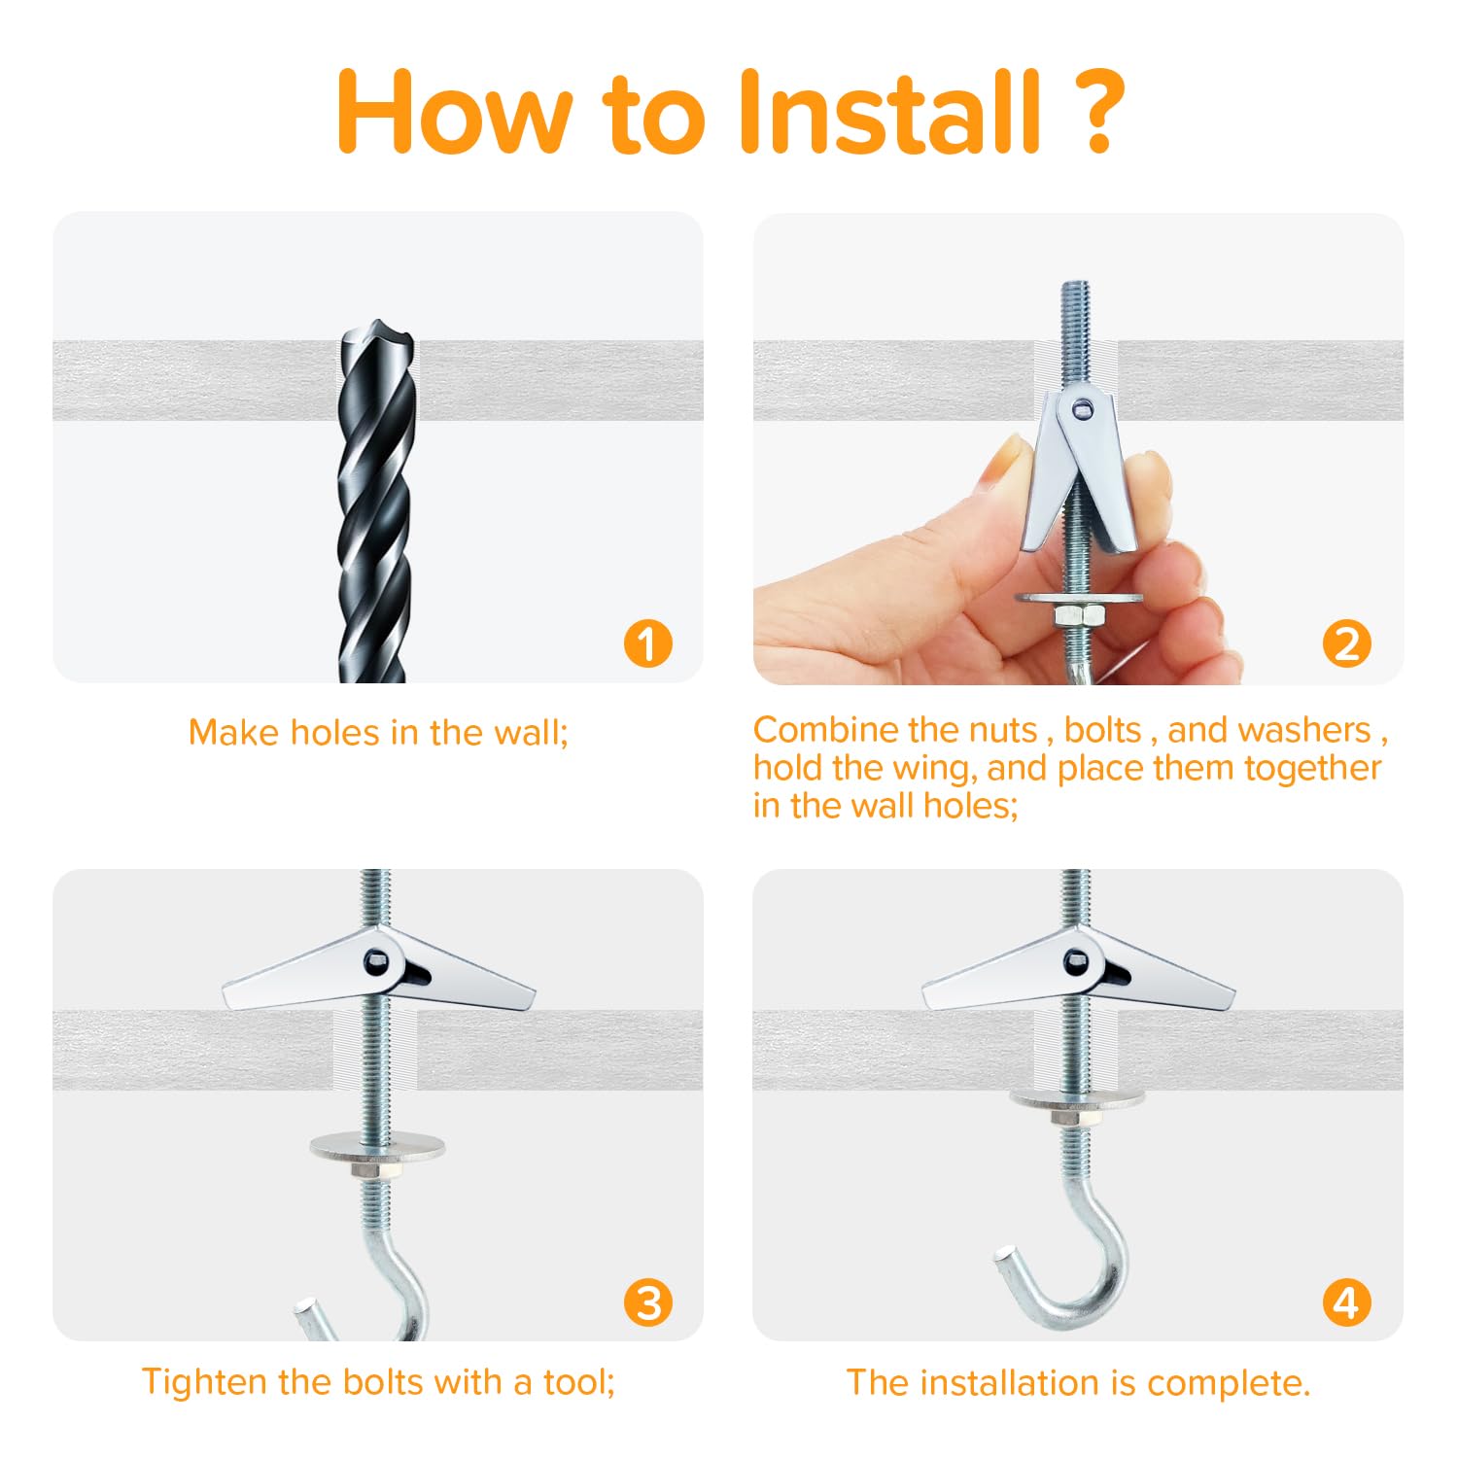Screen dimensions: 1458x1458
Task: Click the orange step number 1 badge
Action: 647,643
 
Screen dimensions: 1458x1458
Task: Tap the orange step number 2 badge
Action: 1347,643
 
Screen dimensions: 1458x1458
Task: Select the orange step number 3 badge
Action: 647,1302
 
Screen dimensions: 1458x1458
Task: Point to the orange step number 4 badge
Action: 1347,1302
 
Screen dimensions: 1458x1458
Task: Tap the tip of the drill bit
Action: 377,330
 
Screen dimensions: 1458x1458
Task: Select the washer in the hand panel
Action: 1079,596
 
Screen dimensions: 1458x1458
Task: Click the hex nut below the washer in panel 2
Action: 1079,616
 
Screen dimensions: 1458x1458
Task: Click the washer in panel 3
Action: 378,1144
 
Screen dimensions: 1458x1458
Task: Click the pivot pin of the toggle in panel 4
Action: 1073,963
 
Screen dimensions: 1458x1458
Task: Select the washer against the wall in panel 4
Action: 1077,1099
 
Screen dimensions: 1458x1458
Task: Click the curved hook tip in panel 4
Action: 1004,1261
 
